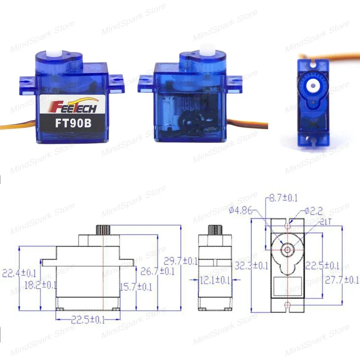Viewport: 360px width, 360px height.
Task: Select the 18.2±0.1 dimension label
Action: (40, 285)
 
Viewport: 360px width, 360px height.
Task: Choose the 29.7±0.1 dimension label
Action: (180, 261)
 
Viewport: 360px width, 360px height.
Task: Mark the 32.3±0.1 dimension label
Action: (251, 266)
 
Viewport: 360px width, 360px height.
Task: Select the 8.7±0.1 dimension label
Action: (281, 198)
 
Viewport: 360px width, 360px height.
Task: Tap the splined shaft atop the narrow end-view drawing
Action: (215, 229)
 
